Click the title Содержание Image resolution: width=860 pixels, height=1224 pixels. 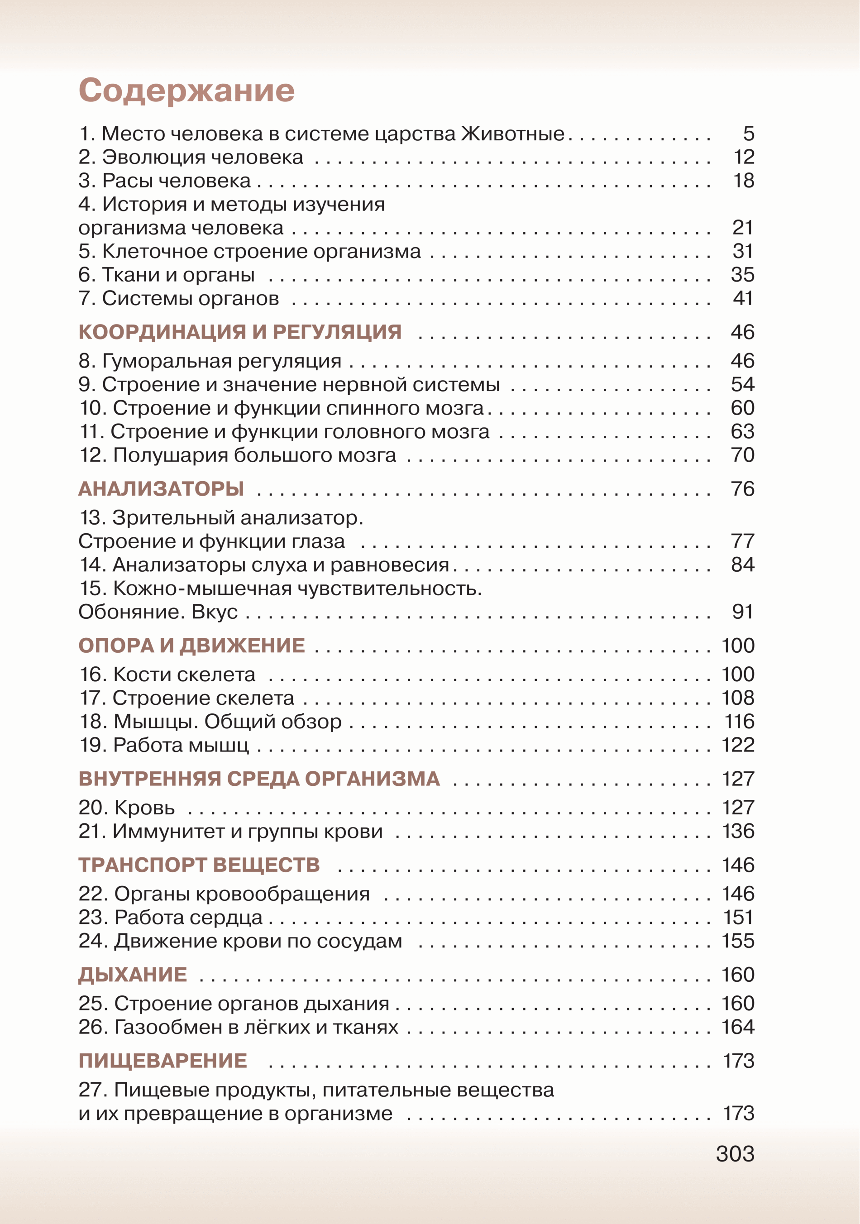tap(186, 90)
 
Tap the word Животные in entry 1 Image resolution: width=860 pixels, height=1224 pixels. tap(512, 133)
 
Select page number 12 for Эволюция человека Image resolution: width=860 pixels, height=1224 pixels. tap(743, 157)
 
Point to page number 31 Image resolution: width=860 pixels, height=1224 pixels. tap(742, 251)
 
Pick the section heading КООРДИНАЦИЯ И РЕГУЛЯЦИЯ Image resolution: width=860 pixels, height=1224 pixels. tap(240, 332)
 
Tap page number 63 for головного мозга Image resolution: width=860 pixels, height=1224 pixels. tap(742, 431)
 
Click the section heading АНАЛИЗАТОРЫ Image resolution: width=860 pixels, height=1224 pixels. tap(161, 489)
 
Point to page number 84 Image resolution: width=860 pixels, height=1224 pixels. tap(742, 564)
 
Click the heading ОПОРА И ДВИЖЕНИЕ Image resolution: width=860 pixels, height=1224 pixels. tap(191, 645)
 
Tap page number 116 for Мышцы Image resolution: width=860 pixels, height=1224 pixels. tap(739, 721)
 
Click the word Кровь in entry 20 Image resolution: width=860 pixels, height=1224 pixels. tap(144, 808)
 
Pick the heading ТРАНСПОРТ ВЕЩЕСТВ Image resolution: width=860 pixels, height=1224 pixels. tap(199, 865)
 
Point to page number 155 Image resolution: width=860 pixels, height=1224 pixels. tap(738, 941)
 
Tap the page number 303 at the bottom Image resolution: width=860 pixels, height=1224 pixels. tap(735, 1154)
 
